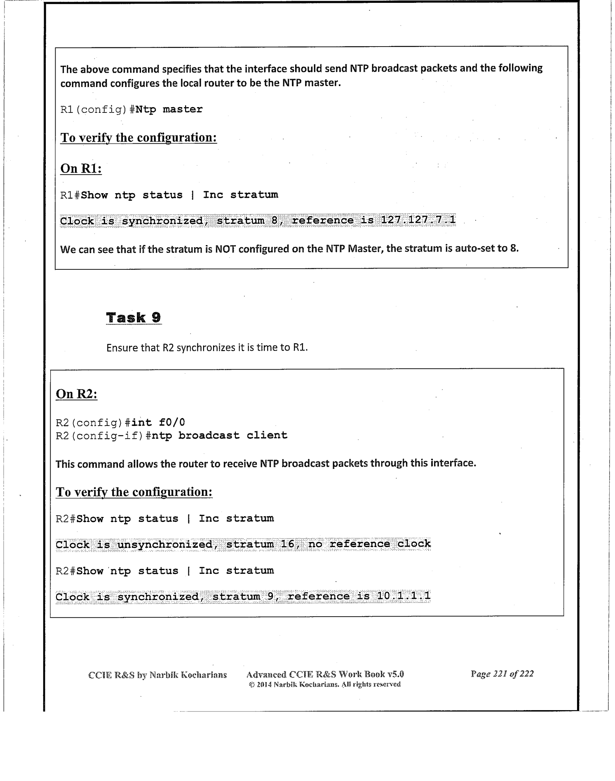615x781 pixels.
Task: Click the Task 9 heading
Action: [x=134, y=318]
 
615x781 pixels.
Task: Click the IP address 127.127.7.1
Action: [x=418, y=220]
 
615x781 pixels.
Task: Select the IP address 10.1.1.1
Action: [x=404, y=596]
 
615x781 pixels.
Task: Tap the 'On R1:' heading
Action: [x=81, y=168]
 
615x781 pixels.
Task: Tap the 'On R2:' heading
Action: [x=77, y=394]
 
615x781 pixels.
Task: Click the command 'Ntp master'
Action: [x=169, y=110]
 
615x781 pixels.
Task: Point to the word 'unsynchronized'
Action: [x=165, y=545]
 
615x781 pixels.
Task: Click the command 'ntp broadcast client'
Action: [x=219, y=435]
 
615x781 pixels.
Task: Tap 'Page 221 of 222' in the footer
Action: [x=502, y=674]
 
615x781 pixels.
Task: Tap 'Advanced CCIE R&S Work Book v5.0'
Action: [x=325, y=674]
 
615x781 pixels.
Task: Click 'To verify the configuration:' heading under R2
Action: [x=134, y=492]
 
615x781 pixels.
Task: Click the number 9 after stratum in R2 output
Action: [x=270, y=596]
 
